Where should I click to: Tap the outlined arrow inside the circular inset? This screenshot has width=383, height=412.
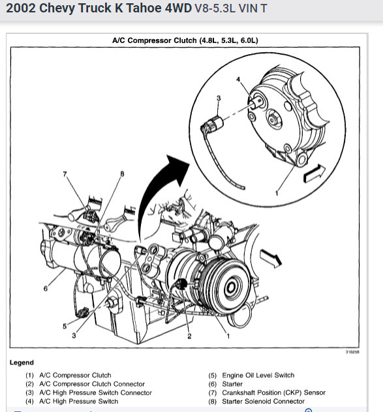[x=314, y=173]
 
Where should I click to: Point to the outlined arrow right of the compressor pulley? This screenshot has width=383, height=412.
[x=271, y=258]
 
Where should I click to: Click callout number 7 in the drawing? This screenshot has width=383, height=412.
[x=65, y=174]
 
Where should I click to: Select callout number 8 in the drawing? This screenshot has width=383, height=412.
[x=122, y=173]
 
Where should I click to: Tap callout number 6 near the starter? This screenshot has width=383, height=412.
[x=46, y=289]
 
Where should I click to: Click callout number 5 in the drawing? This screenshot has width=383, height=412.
[x=65, y=326]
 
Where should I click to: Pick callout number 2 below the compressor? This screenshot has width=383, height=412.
[x=189, y=336]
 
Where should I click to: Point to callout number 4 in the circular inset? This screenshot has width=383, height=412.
[x=238, y=79]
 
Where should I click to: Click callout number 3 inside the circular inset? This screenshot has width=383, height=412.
[x=219, y=98]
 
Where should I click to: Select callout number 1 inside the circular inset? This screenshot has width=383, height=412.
[x=277, y=193]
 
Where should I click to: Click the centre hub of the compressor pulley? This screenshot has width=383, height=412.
[x=232, y=287]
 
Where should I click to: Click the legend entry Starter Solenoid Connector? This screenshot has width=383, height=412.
[x=264, y=401]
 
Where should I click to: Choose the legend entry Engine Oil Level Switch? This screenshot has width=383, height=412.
[x=258, y=375]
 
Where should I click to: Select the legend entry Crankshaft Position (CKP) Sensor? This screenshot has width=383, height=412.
[x=274, y=392]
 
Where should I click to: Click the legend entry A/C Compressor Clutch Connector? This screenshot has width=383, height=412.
[x=92, y=384]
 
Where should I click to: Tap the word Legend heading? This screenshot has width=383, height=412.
[x=22, y=362]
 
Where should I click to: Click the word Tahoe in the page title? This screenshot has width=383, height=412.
[x=144, y=8]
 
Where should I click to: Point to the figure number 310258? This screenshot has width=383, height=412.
[x=352, y=352]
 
